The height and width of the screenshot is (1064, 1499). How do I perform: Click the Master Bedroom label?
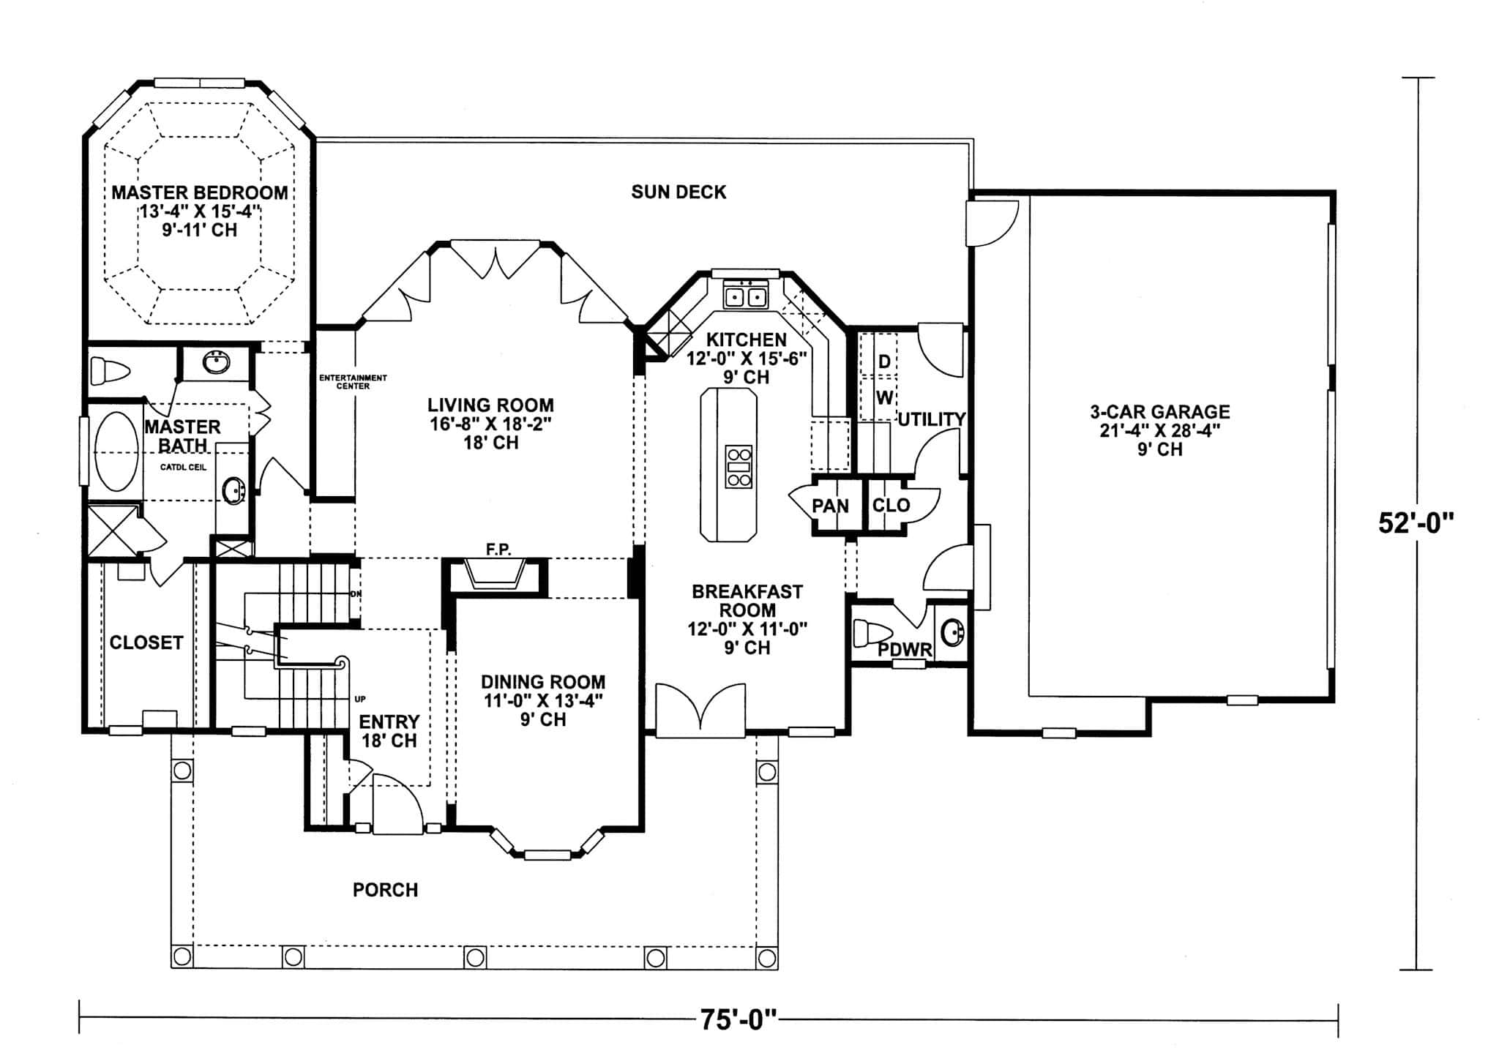coord(199,192)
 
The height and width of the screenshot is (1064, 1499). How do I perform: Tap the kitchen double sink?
coord(745,296)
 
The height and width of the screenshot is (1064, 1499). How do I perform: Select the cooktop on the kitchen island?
coord(738,466)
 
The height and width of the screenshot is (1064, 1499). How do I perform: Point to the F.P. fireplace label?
coord(498,550)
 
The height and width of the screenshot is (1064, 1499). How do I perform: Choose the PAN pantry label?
coord(830,506)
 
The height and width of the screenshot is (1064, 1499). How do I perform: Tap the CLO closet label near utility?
coord(891,506)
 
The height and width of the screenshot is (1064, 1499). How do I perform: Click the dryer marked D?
coord(884,361)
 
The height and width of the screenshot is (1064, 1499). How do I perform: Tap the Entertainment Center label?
coord(353,381)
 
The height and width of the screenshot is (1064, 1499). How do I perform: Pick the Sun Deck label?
coord(679,192)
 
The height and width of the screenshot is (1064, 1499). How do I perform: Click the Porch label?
coord(385,890)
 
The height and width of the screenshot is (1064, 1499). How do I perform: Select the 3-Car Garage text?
coord(1159,412)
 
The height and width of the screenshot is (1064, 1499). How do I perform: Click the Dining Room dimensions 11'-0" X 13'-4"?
coord(542,700)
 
